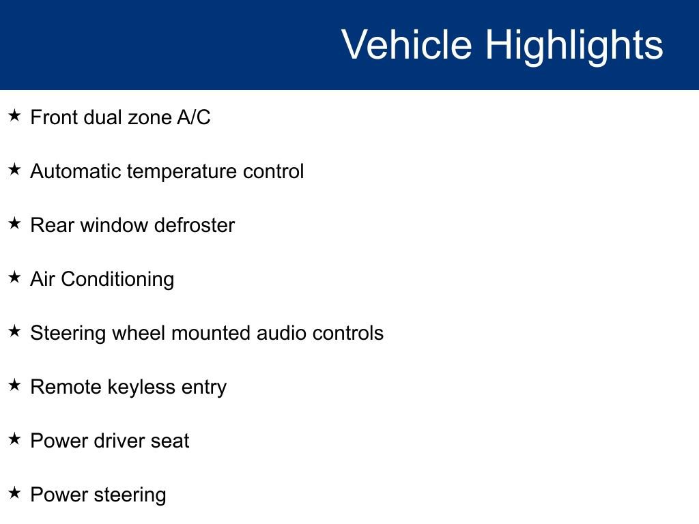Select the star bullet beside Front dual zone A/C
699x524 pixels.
[x=14, y=116]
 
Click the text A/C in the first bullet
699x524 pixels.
[x=194, y=117]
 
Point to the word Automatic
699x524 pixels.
[x=75, y=171]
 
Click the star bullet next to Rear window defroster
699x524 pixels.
[x=14, y=224]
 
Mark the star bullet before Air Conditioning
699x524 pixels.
[x=14, y=278]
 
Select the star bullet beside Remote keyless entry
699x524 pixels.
[x=14, y=385]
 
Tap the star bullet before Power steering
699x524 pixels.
[x=14, y=493]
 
